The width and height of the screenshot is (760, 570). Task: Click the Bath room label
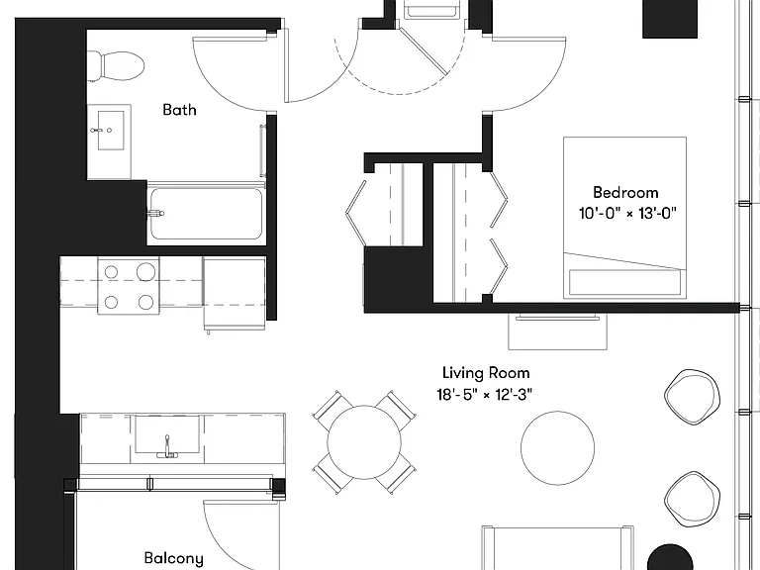tap(179, 110)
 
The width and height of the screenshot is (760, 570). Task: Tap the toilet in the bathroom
tap(117, 66)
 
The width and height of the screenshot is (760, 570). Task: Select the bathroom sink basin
tap(111, 130)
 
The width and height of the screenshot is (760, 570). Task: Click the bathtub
tap(206, 214)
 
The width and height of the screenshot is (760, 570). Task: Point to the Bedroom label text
tap(625, 192)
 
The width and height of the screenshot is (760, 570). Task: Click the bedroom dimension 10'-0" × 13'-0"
tap(627, 213)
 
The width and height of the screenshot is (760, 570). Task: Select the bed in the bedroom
tap(624, 217)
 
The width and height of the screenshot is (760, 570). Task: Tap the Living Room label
tap(486, 373)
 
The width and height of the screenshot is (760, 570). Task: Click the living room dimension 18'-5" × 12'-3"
tap(484, 395)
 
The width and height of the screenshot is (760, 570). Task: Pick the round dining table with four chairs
tap(364, 442)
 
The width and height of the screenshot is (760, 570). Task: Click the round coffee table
tap(557, 448)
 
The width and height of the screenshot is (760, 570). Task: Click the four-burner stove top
tap(129, 286)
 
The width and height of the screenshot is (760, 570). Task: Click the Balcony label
tap(173, 558)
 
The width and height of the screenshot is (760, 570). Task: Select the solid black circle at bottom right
tap(670, 557)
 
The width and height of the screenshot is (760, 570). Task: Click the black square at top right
tap(670, 19)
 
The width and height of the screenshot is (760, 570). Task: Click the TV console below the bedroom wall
tap(557, 332)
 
